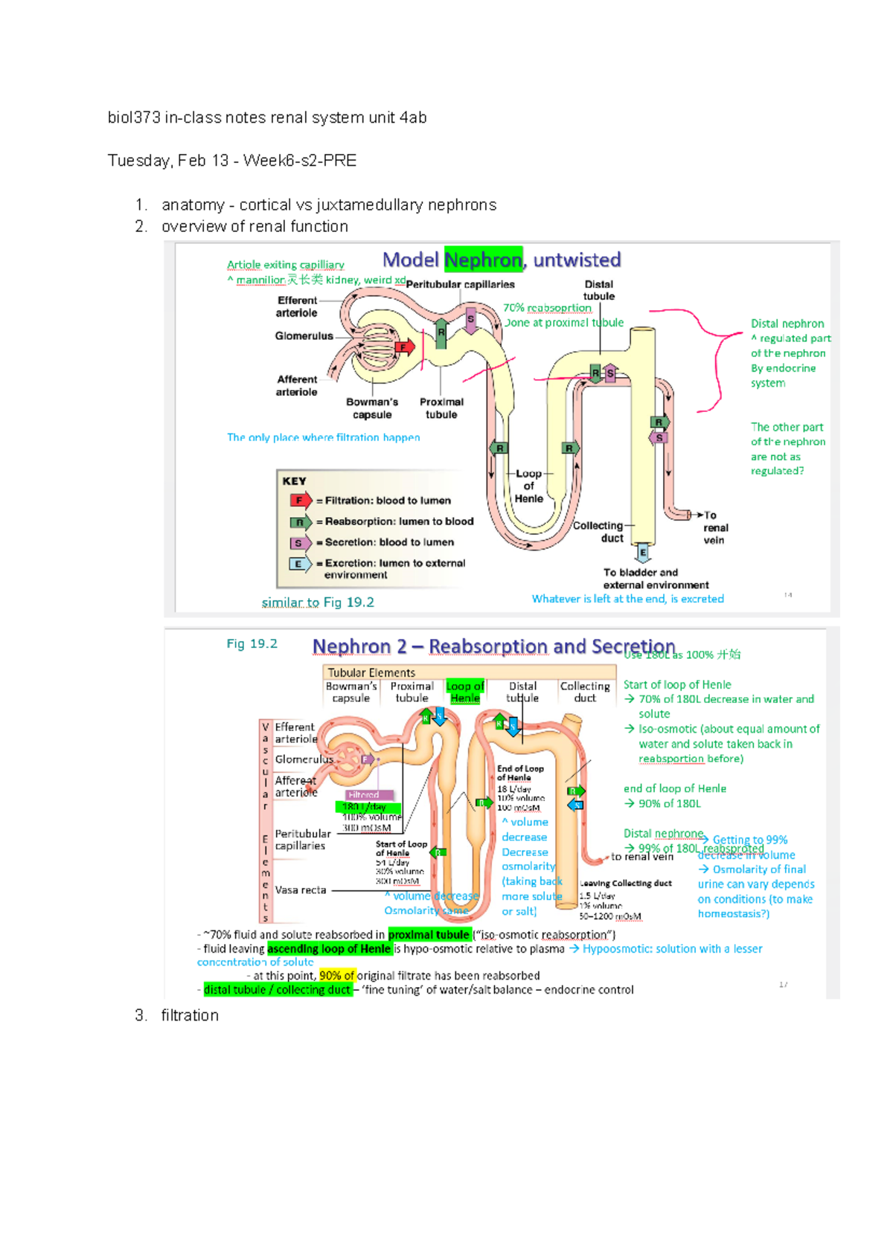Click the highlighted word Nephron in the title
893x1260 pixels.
point(483,260)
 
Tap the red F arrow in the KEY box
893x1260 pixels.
point(301,501)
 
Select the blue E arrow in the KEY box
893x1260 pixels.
point(300,564)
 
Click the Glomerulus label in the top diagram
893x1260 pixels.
point(304,336)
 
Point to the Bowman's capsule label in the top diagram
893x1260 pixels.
point(372,408)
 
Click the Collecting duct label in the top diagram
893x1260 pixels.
point(598,531)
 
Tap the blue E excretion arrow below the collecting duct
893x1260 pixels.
point(643,553)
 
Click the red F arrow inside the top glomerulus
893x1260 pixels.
point(404,347)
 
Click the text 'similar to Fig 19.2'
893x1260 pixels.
point(318,602)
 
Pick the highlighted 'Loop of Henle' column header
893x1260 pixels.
point(465,692)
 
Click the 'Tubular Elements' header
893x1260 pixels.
point(371,672)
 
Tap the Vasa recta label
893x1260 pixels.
point(300,890)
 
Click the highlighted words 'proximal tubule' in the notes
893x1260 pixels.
point(429,935)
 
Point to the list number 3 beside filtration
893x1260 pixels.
point(141,1015)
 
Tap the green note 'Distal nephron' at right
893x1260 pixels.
point(787,324)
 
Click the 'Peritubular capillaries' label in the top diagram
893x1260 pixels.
point(460,284)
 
